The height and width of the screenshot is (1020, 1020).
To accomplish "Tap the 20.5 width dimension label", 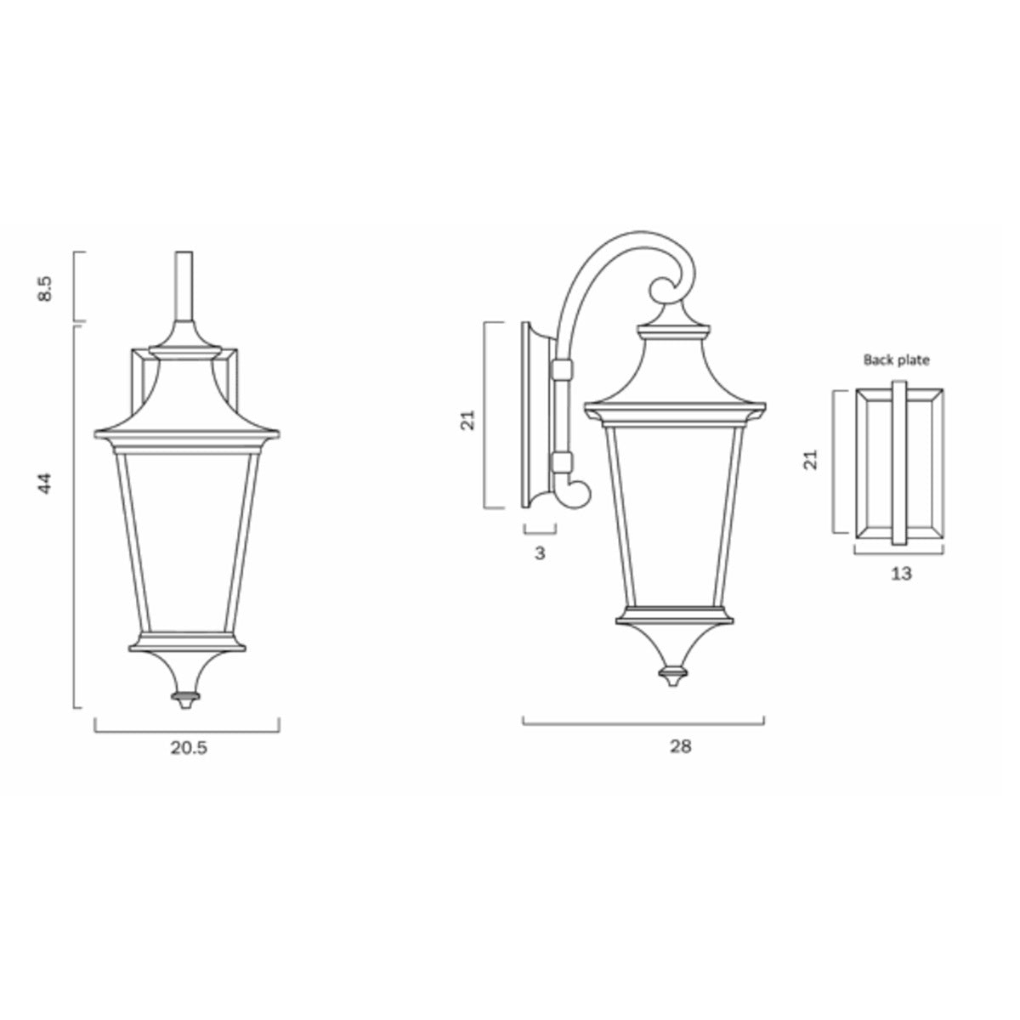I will pos(189,747).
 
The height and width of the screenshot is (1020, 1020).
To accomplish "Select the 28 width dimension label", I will pos(680,746).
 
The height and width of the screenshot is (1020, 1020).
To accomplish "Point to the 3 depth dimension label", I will pos(540,553).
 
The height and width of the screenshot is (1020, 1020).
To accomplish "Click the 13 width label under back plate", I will pos(901,573).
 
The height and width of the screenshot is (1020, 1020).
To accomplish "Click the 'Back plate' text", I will pos(897,360).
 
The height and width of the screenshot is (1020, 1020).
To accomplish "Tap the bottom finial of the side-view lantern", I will pos(674,676).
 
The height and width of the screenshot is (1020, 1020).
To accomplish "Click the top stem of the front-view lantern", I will pos(184,285).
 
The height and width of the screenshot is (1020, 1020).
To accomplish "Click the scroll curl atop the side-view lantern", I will pos(668,289).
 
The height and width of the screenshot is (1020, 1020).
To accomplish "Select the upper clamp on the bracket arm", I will pos(561,371).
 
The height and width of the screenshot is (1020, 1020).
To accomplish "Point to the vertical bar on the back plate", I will pos(899,463).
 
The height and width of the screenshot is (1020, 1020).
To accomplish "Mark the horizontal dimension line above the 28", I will pos(643,724).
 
